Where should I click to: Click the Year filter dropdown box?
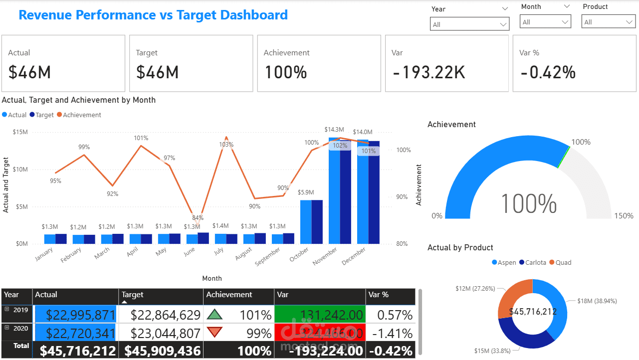pos(469,24)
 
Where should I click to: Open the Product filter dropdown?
pos(608,22)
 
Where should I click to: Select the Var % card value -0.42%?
pos(548,73)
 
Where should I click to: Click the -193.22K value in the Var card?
pos(429,73)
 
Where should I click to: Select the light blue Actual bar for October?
pos(306,222)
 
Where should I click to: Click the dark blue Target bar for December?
pos(374,192)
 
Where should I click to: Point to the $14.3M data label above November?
pos(334,130)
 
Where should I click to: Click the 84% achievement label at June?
pos(198,218)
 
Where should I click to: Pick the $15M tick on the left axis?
pos(20,132)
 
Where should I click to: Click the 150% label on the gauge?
pos(624,216)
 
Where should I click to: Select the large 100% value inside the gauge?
pos(528,203)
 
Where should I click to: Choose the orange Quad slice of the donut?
pos(511,295)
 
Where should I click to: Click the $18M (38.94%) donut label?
pos(597,301)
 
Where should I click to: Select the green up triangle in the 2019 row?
pos(214,315)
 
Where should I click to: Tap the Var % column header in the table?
pos(378,295)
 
